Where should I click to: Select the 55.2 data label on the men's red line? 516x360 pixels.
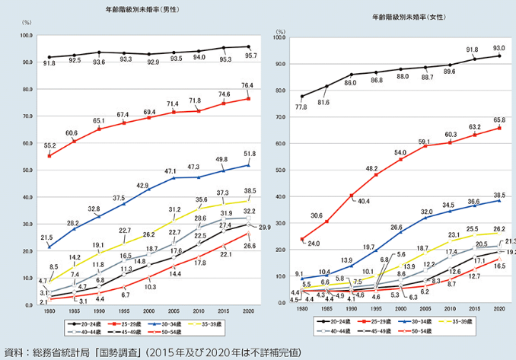coord(49,144)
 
